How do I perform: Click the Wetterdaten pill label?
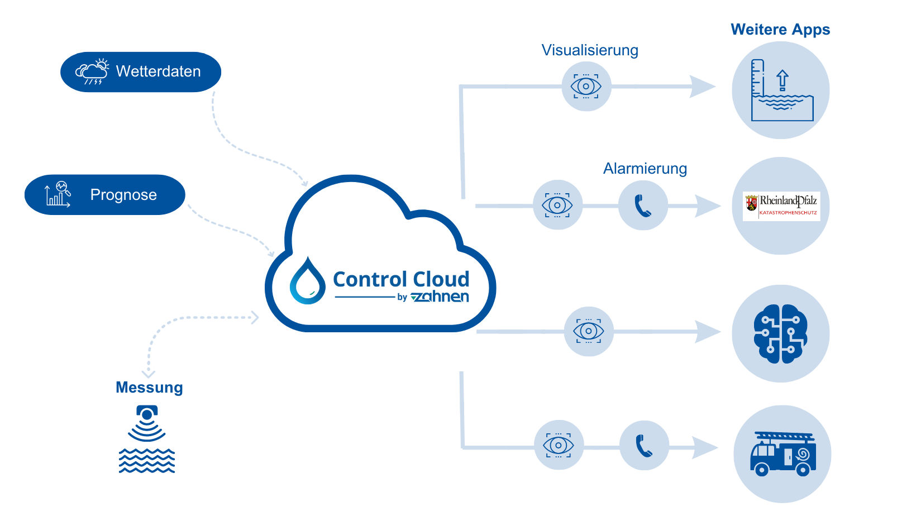pos(158,71)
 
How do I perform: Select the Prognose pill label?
pos(123,195)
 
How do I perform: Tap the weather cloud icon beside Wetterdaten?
pos(92,72)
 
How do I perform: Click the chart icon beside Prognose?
pos(58,194)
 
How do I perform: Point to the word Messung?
pos(149,388)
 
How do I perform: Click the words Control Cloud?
pos(401,279)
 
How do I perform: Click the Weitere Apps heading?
pos(780,30)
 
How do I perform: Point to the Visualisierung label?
pos(590,50)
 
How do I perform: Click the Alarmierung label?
pos(645,169)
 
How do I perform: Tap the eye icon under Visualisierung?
pos(586,87)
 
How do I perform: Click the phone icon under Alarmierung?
pos(643,206)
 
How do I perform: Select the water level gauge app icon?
pos(781,90)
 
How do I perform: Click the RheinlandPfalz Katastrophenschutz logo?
pos(781,206)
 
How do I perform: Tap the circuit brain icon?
pos(780,334)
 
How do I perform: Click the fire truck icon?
pos(782,454)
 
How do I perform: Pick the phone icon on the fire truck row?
pos(644,446)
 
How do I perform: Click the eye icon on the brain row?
pos(588,331)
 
